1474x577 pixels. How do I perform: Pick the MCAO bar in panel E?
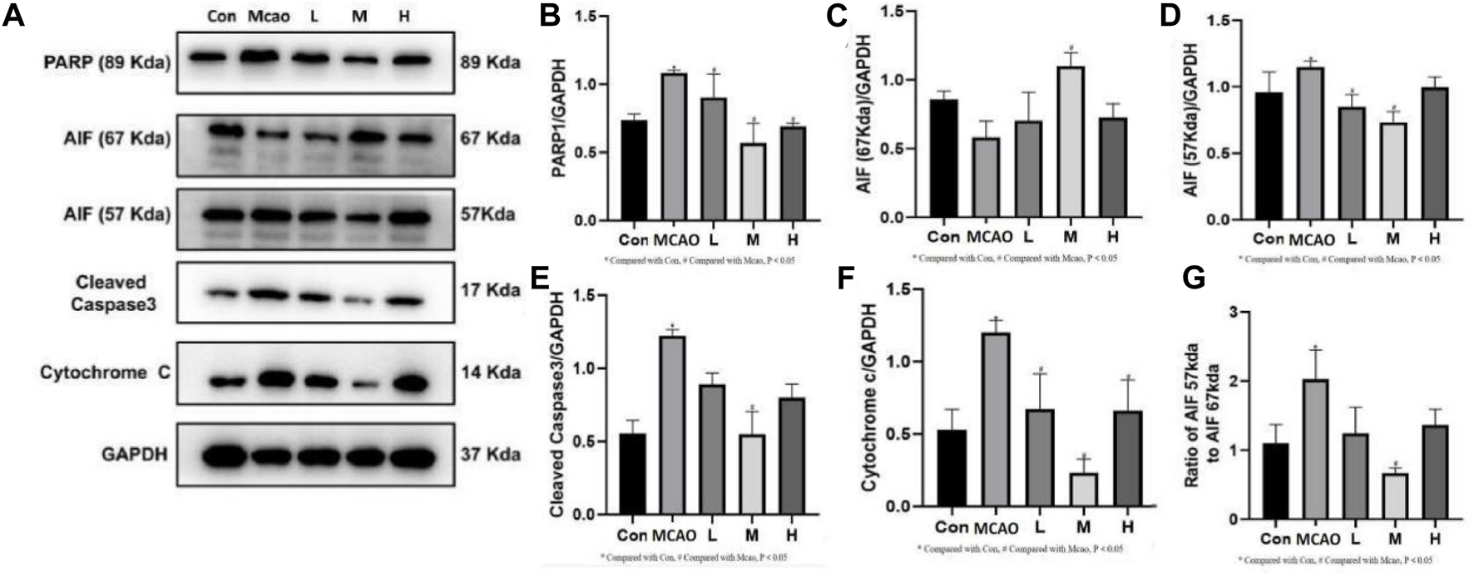(x=672, y=425)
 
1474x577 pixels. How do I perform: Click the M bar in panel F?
(x=1082, y=491)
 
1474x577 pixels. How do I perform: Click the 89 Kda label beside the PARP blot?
(x=490, y=61)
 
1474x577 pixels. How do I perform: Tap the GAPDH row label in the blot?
(x=134, y=454)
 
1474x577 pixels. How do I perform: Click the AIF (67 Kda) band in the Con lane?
(x=225, y=131)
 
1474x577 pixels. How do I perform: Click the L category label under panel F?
(x=1040, y=527)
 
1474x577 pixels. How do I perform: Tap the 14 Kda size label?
(x=491, y=372)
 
